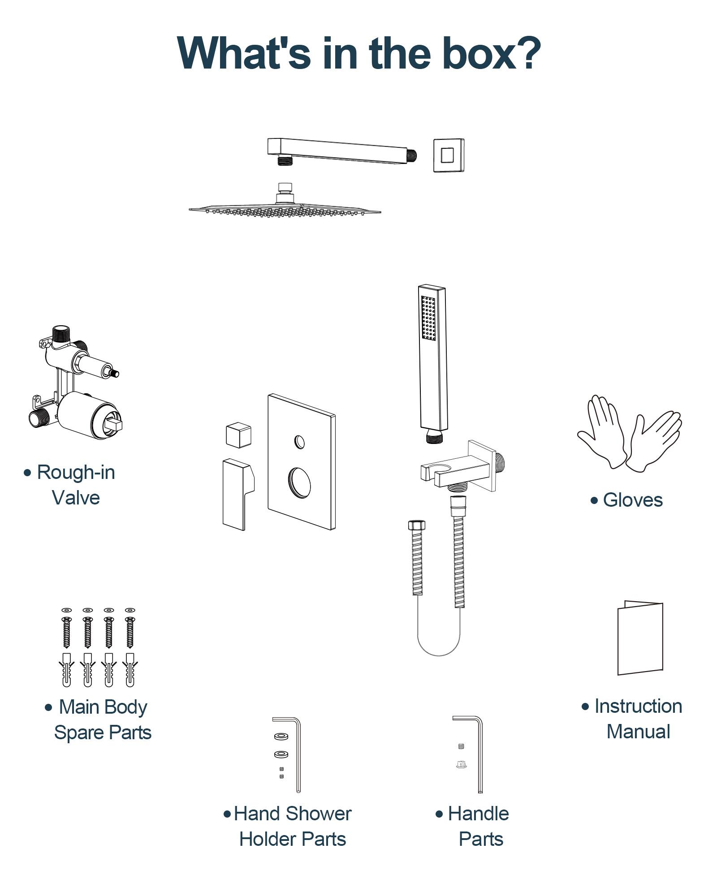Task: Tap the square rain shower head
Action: point(285,209)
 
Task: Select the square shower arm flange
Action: point(448,155)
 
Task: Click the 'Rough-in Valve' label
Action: point(75,485)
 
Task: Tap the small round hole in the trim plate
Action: point(300,442)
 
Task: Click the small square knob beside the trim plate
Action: point(238,434)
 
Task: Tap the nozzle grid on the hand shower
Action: point(428,318)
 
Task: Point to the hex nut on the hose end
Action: point(416,525)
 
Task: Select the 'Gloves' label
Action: point(632,500)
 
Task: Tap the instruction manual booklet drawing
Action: point(640,638)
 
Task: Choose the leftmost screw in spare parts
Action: point(67,632)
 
